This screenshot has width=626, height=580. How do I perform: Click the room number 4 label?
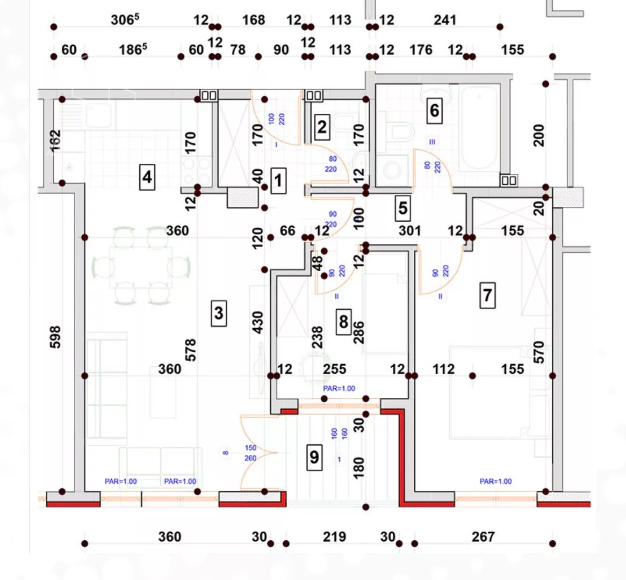point(147,177)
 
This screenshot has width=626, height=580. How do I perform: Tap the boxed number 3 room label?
point(218,313)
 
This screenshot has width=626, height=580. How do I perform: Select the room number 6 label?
point(434,111)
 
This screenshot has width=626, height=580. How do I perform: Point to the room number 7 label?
point(487,295)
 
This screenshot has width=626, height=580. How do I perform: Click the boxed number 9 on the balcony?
point(314,456)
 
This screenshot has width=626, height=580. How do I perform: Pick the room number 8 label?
point(343,322)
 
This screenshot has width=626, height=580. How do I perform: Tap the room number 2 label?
point(321,127)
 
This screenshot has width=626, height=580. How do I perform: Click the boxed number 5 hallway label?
point(403,208)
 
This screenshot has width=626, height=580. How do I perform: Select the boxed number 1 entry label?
point(278,180)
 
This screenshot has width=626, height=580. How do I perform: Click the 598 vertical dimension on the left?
point(55,337)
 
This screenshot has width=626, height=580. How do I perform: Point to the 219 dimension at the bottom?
point(334,536)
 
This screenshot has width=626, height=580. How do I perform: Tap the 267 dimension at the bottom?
point(483,536)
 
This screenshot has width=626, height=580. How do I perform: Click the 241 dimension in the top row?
point(445,20)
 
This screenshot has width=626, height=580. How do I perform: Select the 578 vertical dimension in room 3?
point(190,350)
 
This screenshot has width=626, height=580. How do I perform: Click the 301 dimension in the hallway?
point(409,231)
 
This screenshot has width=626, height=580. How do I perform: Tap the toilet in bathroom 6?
point(400,132)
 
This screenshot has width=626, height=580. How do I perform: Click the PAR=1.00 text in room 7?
point(495,482)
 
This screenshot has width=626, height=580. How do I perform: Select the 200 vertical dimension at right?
point(539,135)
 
